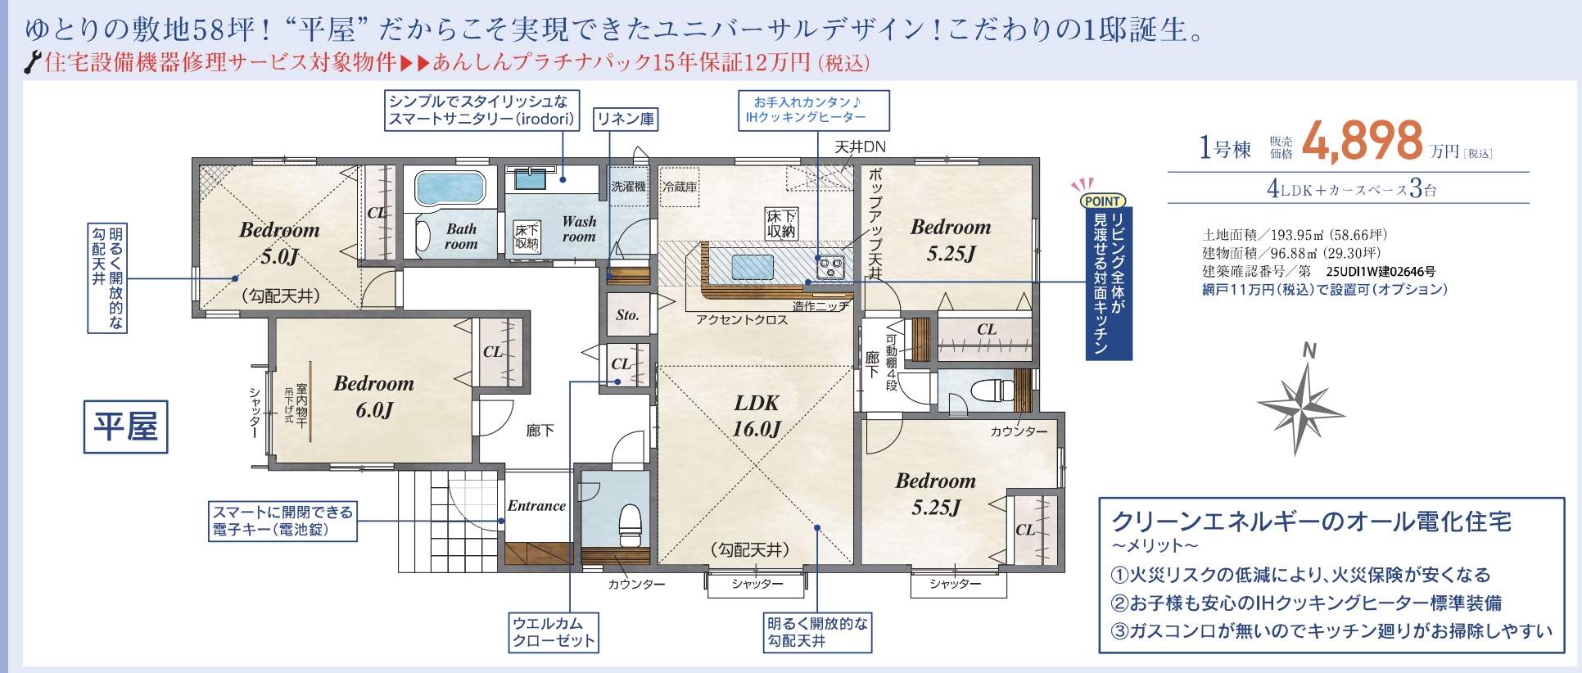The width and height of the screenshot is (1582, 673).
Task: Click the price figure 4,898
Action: [x=1363, y=140]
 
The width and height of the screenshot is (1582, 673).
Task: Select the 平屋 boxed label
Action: [x=125, y=427]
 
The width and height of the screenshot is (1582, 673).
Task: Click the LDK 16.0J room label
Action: [x=757, y=415]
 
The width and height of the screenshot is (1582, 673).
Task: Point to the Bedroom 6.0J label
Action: [x=374, y=396]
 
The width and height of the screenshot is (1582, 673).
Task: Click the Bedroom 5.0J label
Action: [x=279, y=243]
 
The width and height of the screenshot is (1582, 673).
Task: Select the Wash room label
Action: [x=579, y=228]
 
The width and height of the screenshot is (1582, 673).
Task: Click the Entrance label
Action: [x=536, y=506]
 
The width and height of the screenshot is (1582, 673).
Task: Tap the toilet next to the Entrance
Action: [x=630, y=523]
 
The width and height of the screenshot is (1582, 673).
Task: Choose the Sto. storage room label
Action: [x=627, y=314]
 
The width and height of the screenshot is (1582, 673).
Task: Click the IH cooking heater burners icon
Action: [x=831, y=265]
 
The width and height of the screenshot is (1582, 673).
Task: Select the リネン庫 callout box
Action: [x=625, y=120]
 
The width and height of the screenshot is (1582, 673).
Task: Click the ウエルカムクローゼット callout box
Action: [x=553, y=632]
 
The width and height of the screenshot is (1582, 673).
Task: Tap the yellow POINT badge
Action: [x=1102, y=201]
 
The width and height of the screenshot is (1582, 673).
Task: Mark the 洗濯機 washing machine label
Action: [x=628, y=187]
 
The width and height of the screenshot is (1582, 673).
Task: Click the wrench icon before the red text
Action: [x=34, y=62]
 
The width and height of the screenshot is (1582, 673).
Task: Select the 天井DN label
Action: [x=860, y=147]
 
